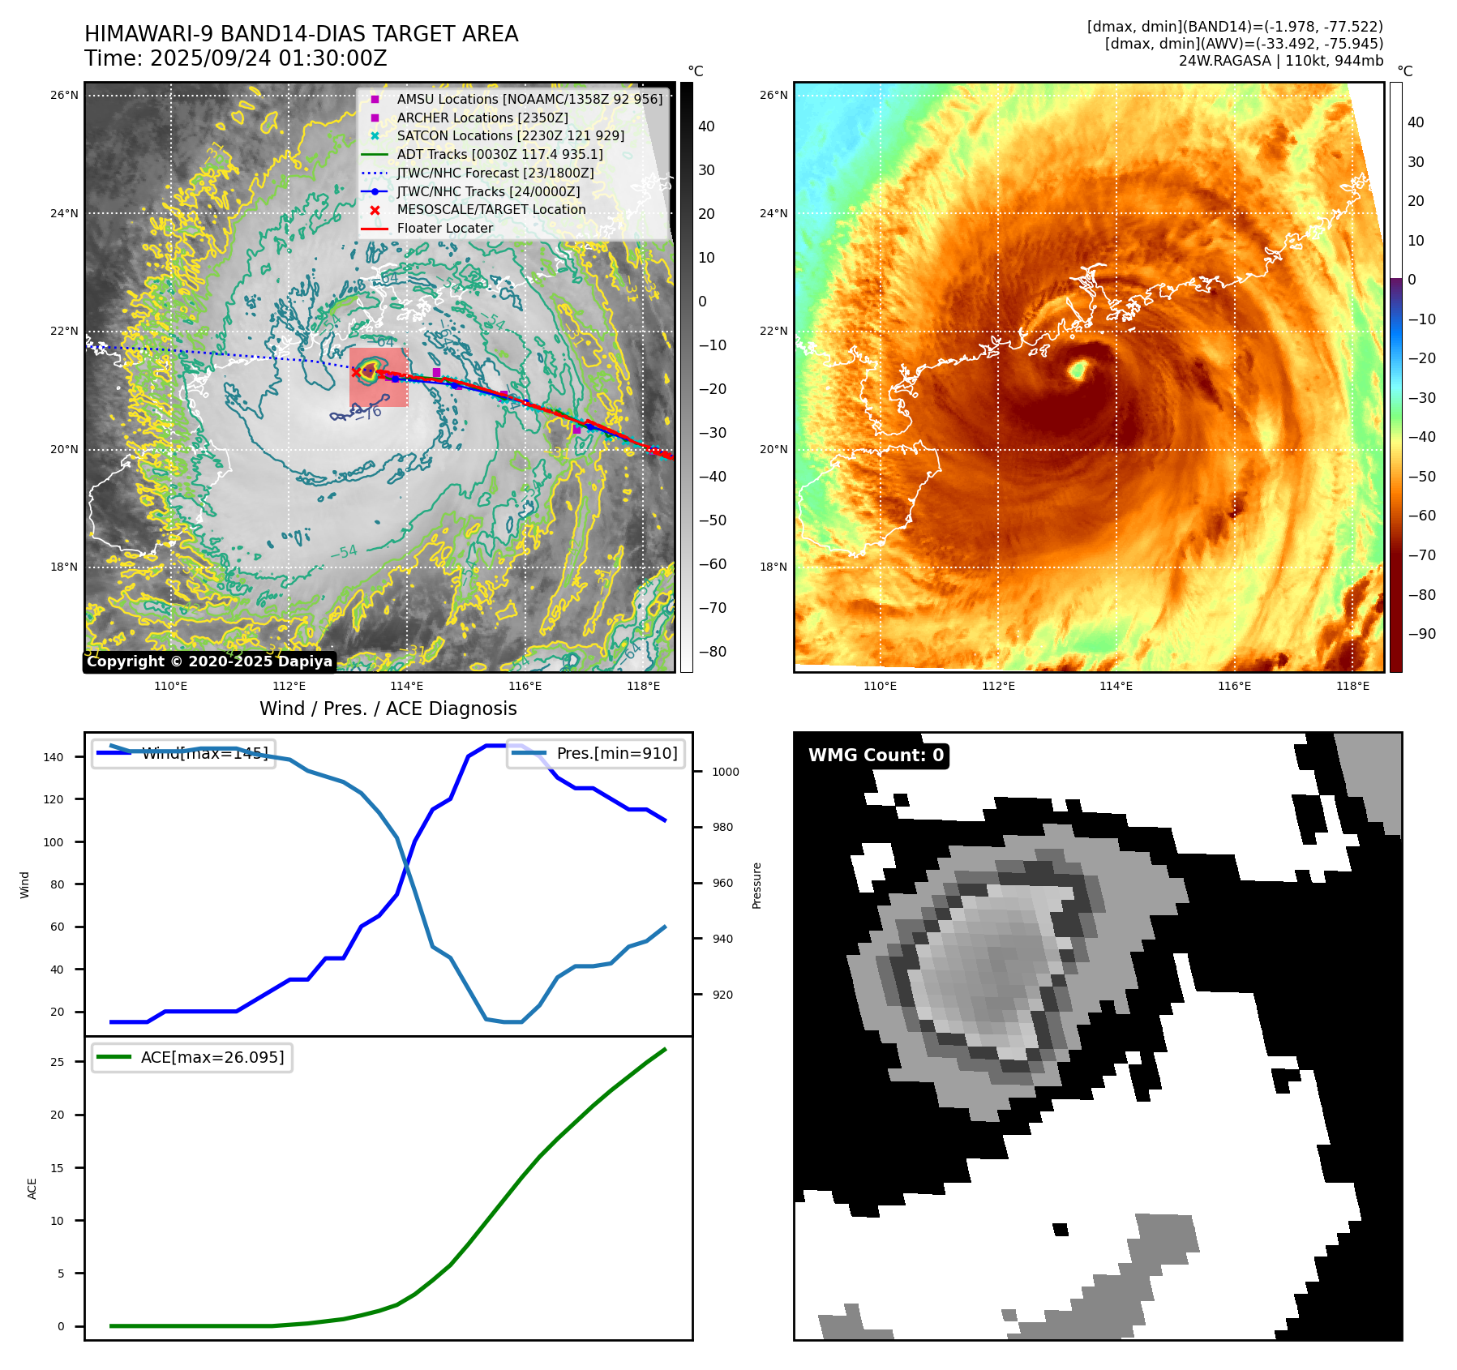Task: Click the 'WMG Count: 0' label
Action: coord(876,756)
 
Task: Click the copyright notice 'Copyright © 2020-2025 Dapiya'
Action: coord(209,661)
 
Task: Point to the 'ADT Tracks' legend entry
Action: coord(499,154)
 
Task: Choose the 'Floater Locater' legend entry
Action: coord(444,228)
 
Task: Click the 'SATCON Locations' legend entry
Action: coord(510,135)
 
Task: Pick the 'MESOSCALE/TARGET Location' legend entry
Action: coord(491,209)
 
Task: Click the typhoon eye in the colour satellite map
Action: coord(1078,370)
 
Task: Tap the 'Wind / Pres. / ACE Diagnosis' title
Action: coord(388,709)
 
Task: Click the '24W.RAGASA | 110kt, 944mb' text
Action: coord(1280,61)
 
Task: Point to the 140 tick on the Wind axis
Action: coord(54,757)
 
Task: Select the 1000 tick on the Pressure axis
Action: coord(725,772)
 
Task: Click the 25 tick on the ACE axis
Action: coord(57,1062)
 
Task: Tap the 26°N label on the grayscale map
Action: coord(64,95)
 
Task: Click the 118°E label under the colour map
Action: coord(1352,686)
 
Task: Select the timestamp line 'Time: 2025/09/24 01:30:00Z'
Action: coord(235,58)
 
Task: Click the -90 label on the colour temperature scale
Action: coord(1421,634)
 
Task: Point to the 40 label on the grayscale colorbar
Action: coord(706,126)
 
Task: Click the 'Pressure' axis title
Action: coord(756,885)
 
